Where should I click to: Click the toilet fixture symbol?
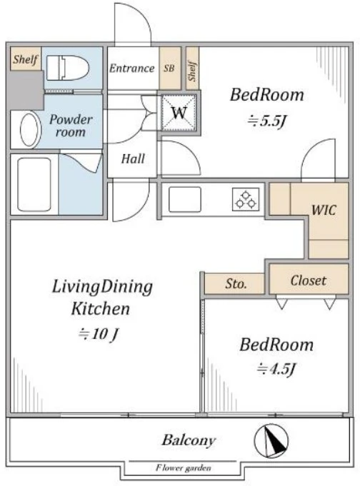(68, 68)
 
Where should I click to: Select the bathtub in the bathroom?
(34, 184)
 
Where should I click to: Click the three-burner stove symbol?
(246, 199)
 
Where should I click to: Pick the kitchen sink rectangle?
(185, 199)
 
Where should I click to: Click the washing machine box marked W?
(179, 112)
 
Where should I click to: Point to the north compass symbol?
(271, 441)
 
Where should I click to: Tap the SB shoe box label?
(169, 68)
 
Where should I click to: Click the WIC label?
(324, 210)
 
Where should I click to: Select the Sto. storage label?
(236, 283)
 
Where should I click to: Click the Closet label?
(308, 280)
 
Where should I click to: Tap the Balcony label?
(189, 440)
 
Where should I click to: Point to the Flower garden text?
(184, 467)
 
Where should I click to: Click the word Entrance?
(132, 69)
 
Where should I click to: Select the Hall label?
(133, 158)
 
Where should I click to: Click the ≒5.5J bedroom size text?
(266, 121)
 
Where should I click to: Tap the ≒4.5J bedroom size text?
(276, 368)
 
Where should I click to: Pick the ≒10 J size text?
(99, 334)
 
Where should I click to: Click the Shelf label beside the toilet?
(26, 59)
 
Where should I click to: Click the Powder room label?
(71, 126)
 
